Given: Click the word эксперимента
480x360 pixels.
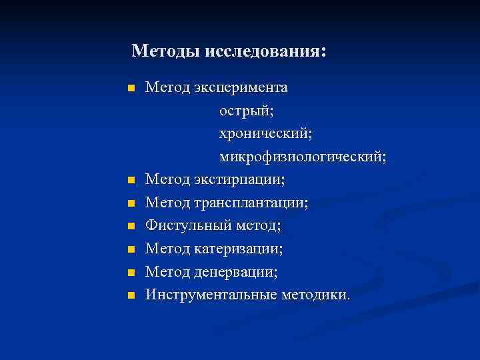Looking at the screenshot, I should click(x=241, y=87).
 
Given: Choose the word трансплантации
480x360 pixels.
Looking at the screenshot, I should click(x=251, y=203).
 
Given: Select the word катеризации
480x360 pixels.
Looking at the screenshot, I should click(x=238, y=249).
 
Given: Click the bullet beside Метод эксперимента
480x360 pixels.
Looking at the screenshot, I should click(x=131, y=88).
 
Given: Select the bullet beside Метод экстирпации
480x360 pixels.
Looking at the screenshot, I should click(x=131, y=180).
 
